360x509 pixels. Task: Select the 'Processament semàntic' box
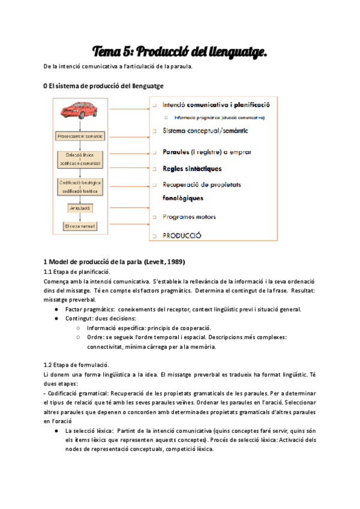(80, 136)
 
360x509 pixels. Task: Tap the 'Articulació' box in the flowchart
(80, 208)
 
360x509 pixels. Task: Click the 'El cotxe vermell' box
(80, 226)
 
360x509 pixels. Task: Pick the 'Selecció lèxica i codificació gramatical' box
(80, 159)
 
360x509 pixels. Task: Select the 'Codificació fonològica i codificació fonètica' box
(80, 186)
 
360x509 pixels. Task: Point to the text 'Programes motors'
(189, 217)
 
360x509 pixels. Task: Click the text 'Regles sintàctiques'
(192, 169)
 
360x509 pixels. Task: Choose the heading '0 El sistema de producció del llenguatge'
(103, 86)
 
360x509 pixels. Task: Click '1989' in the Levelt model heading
(175, 262)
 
